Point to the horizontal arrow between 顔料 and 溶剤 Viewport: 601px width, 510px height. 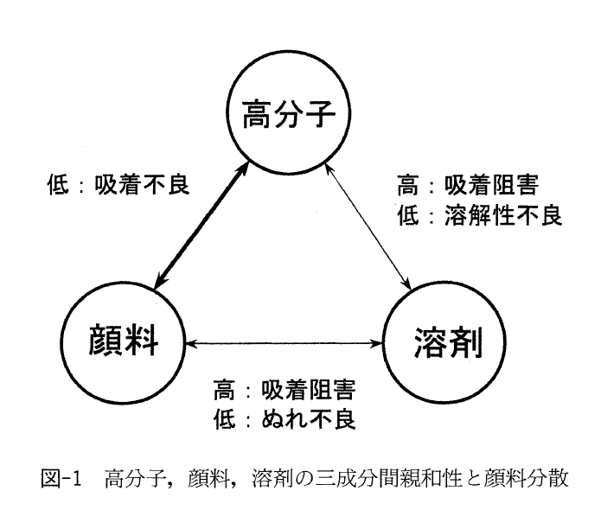pos(283,343)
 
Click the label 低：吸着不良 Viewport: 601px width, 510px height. pos(118,185)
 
